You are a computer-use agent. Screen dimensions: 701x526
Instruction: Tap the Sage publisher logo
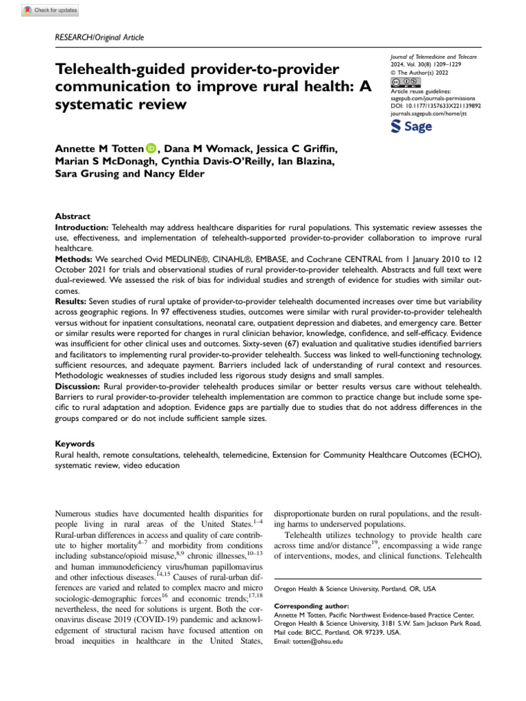(411, 127)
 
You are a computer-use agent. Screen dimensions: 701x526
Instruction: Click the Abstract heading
(72, 216)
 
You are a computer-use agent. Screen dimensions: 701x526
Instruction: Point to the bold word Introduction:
(82, 226)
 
